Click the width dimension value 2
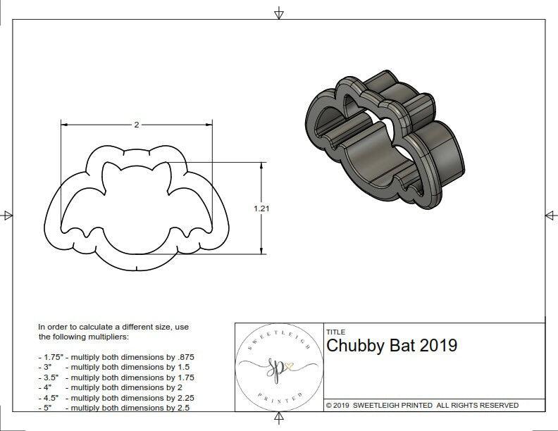pyautogui.click(x=137, y=125)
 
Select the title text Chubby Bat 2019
pyautogui.click(x=392, y=346)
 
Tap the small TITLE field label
pyautogui.click(x=335, y=331)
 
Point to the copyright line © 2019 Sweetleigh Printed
pyautogui.click(x=422, y=405)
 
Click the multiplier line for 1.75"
pyautogui.click(x=116, y=357)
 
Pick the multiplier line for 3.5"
pyautogui.click(x=116, y=377)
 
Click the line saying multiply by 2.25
pyautogui.click(x=116, y=396)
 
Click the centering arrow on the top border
pyautogui.click(x=279, y=13)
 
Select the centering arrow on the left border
pyautogui.click(x=6, y=215)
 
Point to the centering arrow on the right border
pyautogui.click(x=550, y=215)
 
